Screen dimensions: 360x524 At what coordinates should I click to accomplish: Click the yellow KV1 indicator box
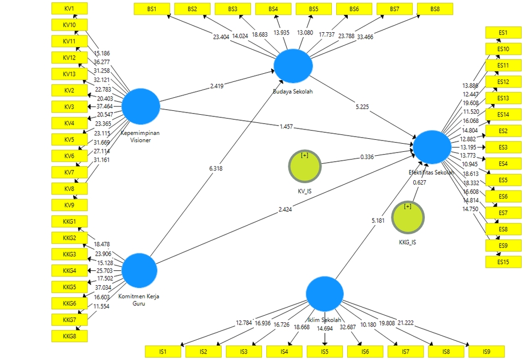point(69,9)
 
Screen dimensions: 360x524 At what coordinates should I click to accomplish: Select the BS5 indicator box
point(313,9)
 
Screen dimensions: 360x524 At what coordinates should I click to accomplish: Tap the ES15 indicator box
point(503,262)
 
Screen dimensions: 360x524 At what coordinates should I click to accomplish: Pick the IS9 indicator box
point(486,351)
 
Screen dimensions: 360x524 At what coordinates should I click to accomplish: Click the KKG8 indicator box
point(69,336)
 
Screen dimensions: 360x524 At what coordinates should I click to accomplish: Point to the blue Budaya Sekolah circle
point(293,66)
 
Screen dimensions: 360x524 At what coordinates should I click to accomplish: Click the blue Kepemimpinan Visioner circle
point(140,106)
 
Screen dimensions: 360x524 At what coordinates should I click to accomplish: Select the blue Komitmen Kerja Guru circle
point(139,270)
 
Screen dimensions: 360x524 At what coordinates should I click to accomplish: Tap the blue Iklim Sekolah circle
point(325,294)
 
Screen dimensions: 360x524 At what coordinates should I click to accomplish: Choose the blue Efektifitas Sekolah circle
point(432,146)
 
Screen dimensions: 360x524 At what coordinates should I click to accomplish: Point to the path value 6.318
point(216,169)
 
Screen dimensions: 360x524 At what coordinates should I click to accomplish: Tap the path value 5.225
point(361,107)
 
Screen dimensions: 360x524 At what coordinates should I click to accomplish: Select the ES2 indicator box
point(503,131)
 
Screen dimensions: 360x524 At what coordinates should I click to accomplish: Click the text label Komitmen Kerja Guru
point(139,300)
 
